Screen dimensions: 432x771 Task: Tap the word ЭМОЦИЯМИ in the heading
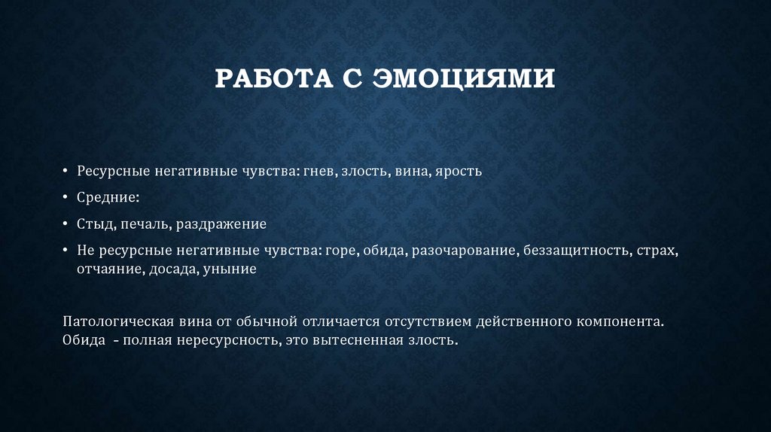coord(465,78)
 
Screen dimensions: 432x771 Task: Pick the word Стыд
coord(92,224)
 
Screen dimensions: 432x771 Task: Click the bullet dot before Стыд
coord(66,224)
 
